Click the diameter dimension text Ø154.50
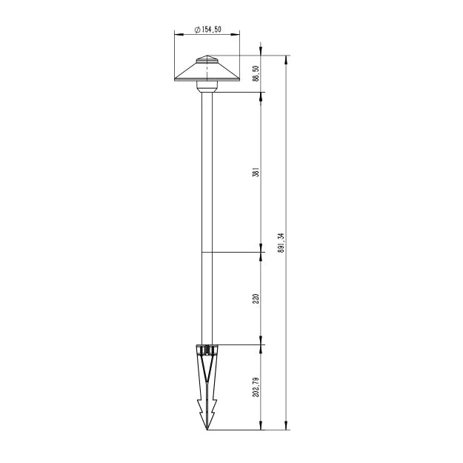207,29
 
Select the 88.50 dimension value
256,74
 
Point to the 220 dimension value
256,299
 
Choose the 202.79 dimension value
256,387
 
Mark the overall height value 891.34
281,243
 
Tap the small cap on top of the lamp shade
207,59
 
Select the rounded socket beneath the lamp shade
207,87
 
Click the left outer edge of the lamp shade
175,79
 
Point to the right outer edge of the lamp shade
239,79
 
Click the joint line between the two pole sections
207,253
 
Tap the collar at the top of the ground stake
207,348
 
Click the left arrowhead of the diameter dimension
176,34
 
